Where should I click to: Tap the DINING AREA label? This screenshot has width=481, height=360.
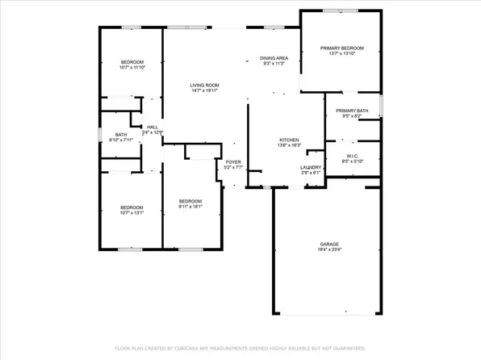[x=274, y=59]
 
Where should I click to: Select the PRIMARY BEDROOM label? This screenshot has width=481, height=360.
[x=341, y=48]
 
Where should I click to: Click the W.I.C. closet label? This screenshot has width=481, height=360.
[x=352, y=154]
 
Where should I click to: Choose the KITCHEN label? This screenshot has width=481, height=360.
[x=289, y=139]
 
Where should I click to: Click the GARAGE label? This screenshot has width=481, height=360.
[x=328, y=244]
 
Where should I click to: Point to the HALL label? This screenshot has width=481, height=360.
[x=152, y=127]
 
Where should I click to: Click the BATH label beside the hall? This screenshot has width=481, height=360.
[x=121, y=135]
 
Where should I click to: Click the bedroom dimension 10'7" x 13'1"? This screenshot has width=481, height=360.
[x=132, y=212]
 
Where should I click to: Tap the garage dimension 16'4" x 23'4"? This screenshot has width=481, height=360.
[x=328, y=250]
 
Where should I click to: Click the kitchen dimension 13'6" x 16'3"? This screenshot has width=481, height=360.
[x=289, y=145]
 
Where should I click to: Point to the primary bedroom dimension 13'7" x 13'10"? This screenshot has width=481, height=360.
[x=341, y=55]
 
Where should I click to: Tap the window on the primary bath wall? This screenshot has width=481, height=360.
[x=382, y=106]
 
